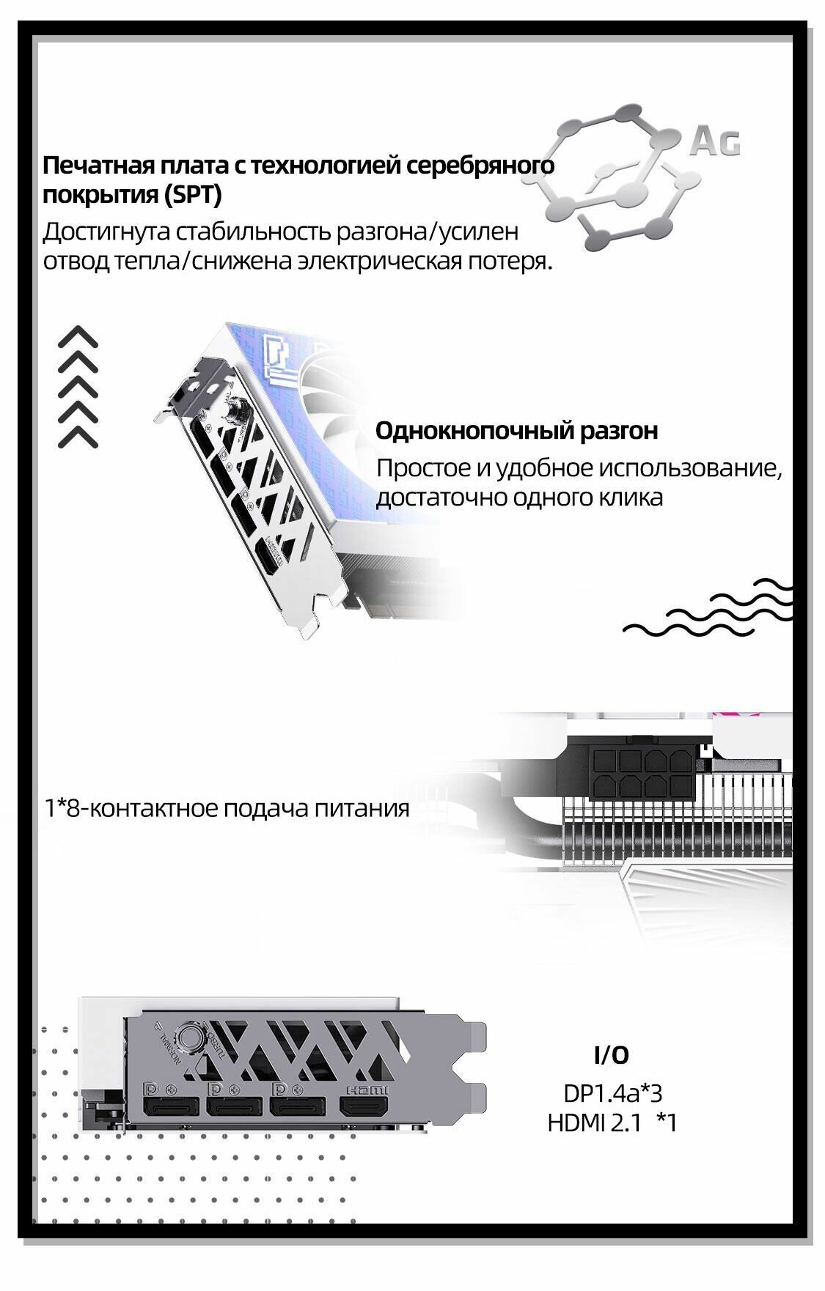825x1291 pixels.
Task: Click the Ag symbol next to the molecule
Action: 714,141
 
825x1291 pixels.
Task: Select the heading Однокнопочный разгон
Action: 516,431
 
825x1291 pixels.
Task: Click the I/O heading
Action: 611,1055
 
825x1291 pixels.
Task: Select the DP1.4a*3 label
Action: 612,1094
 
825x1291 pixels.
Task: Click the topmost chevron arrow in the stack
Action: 78,337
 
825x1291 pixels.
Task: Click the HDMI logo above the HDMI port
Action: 364,1089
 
